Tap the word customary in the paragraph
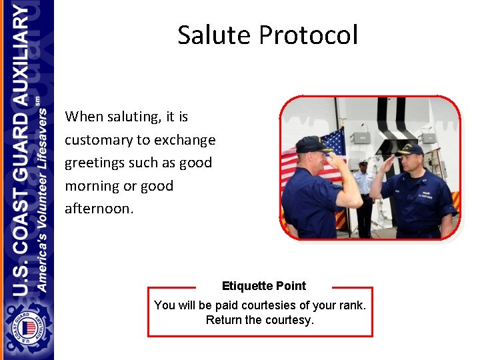pos(99,140)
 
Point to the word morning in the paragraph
pos(93,186)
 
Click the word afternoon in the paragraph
pos(98,209)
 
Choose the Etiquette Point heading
pos(263,286)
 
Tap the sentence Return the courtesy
pos(259,320)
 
